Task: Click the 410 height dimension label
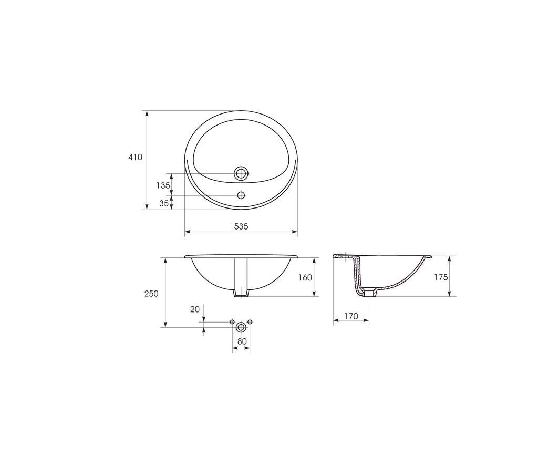click(x=135, y=157)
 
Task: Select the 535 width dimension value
click(x=241, y=226)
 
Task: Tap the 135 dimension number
click(x=163, y=185)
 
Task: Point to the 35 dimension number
click(x=164, y=203)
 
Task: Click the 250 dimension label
click(x=151, y=294)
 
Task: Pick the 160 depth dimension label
click(x=305, y=277)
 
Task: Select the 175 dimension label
click(x=441, y=277)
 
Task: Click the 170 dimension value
click(x=351, y=316)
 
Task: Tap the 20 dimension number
click(x=195, y=309)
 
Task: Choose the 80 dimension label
click(x=242, y=341)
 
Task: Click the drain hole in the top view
click(x=241, y=173)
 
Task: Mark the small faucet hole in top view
click(x=241, y=195)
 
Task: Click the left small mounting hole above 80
click(x=233, y=321)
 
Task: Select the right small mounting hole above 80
click(x=250, y=321)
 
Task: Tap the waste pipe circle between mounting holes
click(x=241, y=327)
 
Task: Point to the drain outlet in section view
click(x=370, y=292)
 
